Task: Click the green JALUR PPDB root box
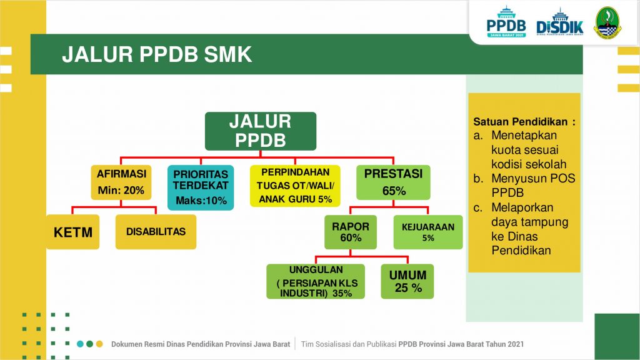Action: (x=261, y=131)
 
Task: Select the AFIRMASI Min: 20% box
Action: (x=121, y=182)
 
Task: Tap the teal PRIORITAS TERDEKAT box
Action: (x=201, y=187)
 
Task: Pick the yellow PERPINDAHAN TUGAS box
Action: (x=295, y=186)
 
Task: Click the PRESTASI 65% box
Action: (x=393, y=182)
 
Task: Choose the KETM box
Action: (x=73, y=232)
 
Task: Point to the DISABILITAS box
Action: (x=156, y=232)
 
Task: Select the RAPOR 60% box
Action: (x=351, y=232)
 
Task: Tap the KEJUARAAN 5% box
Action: (x=428, y=232)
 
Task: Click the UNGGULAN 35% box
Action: (x=316, y=281)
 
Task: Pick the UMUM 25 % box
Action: (x=407, y=281)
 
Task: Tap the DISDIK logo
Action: (x=560, y=23)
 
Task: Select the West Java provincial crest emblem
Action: (x=607, y=23)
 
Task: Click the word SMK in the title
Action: (x=227, y=54)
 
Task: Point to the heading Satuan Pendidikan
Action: (x=521, y=122)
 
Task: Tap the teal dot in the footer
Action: (x=80, y=344)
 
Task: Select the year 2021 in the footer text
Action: (x=516, y=344)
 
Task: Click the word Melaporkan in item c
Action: (x=522, y=207)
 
